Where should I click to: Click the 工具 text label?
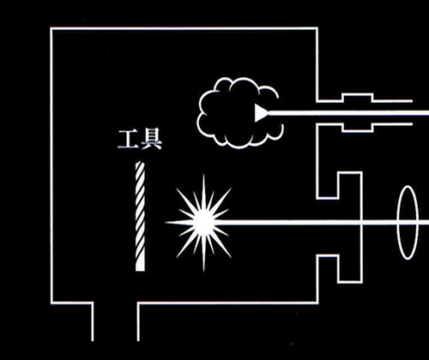coord(140,140)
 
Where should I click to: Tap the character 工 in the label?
coord(128,140)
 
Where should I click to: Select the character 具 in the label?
coord(151,140)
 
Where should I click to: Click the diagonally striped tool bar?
coord(140,216)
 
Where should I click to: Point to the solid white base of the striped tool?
coord(140,267)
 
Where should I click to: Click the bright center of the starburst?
coord(203,222)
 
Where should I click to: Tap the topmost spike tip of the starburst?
coord(203,174)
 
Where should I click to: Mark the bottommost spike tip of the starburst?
coord(203,272)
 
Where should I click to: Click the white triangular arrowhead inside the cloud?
coord(262,113)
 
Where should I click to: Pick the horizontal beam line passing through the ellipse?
coord(320,222)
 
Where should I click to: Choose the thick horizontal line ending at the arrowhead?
coord(349,113)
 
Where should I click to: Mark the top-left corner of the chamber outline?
coord(51,28)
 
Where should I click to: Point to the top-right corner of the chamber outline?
coord(317,28)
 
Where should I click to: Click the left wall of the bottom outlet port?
coord(93,321)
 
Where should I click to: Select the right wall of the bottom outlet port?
coord(138,321)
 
